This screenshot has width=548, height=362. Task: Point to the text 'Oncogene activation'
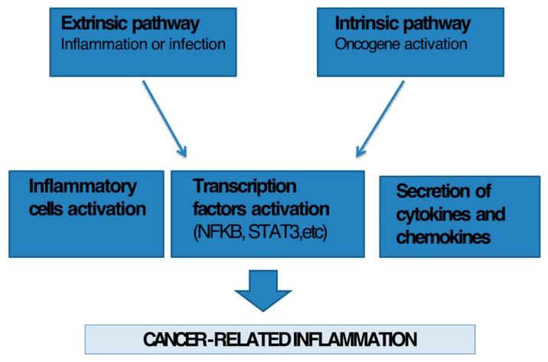390,44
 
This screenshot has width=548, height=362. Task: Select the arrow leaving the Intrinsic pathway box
380,118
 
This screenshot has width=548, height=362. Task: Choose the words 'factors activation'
261,209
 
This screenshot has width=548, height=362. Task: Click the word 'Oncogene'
364,44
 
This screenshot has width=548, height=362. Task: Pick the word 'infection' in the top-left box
198,44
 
